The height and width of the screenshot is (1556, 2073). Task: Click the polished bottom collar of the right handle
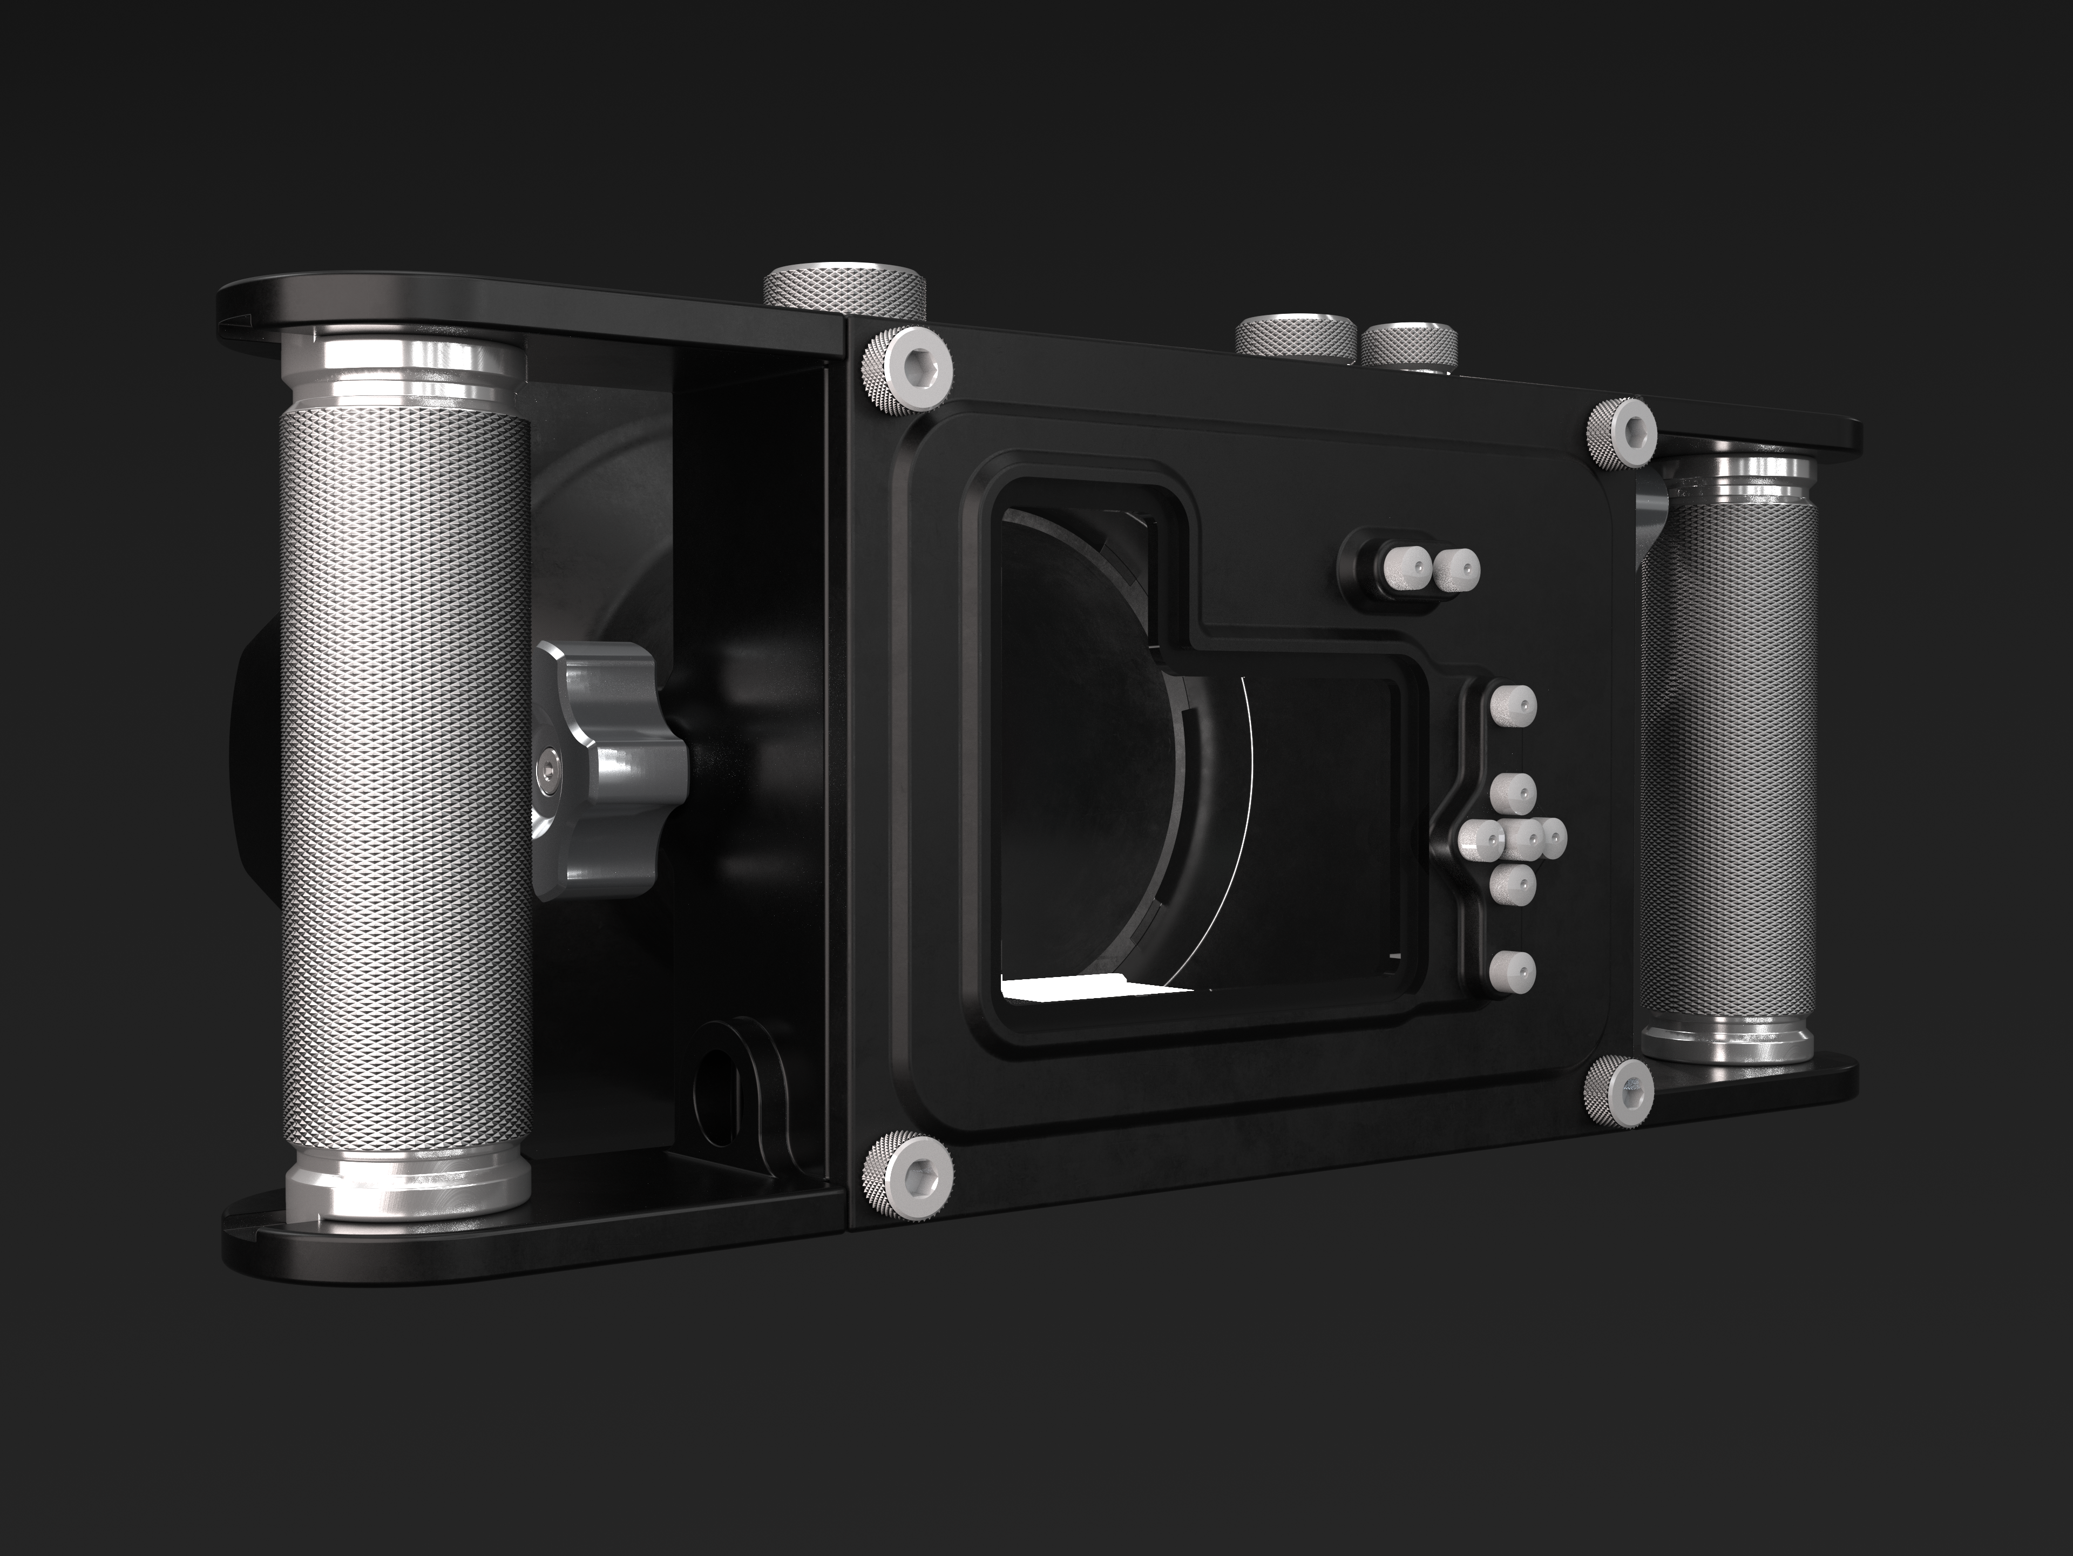click(1726, 1040)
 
